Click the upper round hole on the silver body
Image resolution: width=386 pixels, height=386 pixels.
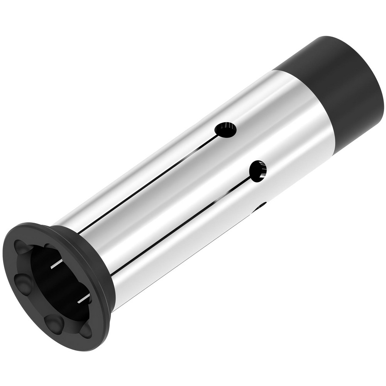(x=226, y=130)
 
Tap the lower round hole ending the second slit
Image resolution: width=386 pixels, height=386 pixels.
(x=258, y=171)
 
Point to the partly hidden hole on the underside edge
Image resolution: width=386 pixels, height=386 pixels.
(x=260, y=207)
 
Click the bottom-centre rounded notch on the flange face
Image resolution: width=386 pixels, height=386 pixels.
(x=54, y=322)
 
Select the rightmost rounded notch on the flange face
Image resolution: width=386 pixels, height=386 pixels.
(x=86, y=330)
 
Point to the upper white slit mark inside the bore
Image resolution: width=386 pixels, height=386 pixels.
(x=56, y=264)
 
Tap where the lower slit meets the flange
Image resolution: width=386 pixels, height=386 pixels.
(x=112, y=275)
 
